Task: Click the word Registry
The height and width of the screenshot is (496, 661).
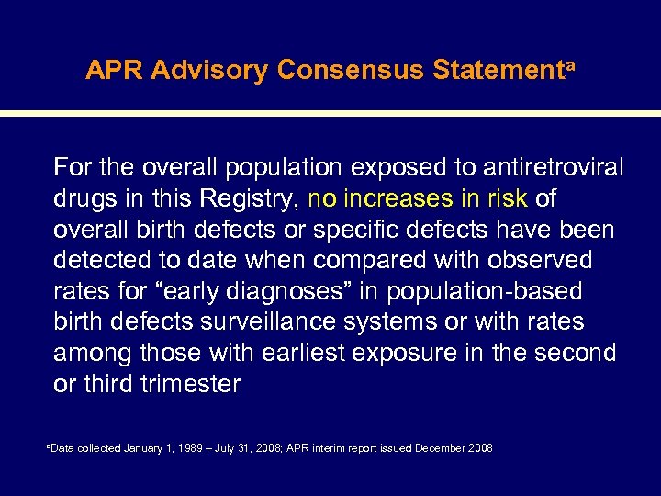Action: point(252,198)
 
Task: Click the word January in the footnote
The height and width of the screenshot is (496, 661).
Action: point(142,448)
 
